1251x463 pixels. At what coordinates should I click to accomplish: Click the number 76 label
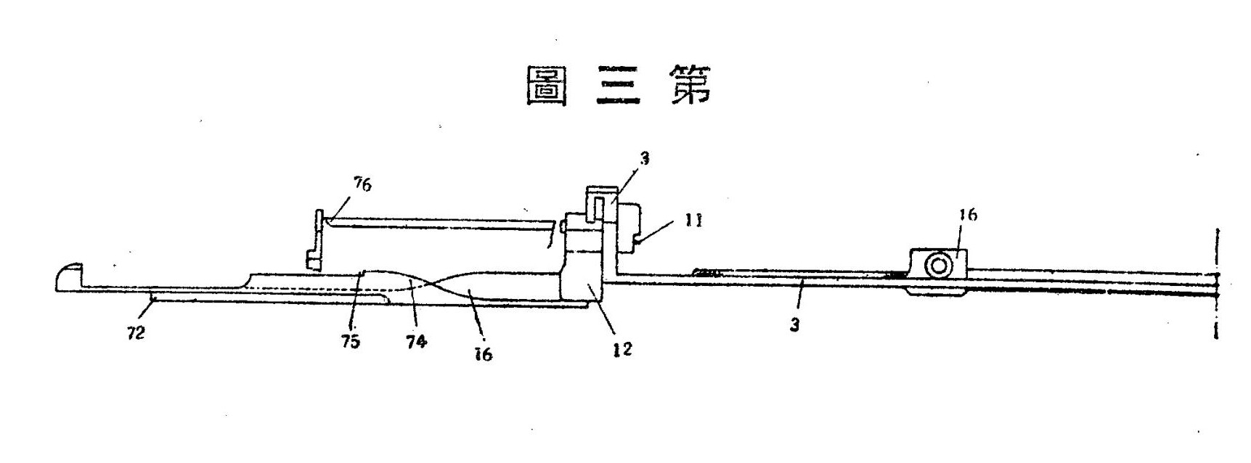click(362, 184)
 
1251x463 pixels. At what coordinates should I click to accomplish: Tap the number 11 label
click(693, 219)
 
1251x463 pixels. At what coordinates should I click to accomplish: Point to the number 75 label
click(351, 341)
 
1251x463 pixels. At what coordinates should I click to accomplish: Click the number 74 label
click(417, 341)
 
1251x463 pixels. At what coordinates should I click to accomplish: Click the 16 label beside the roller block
click(968, 215)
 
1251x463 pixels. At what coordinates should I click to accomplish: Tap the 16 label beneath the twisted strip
click(483, 353)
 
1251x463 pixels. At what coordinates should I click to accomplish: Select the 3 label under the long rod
click(795, 324)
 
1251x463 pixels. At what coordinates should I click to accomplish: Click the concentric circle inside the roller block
click(938, 266)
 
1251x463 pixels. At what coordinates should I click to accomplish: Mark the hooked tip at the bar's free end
click(69, 276)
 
